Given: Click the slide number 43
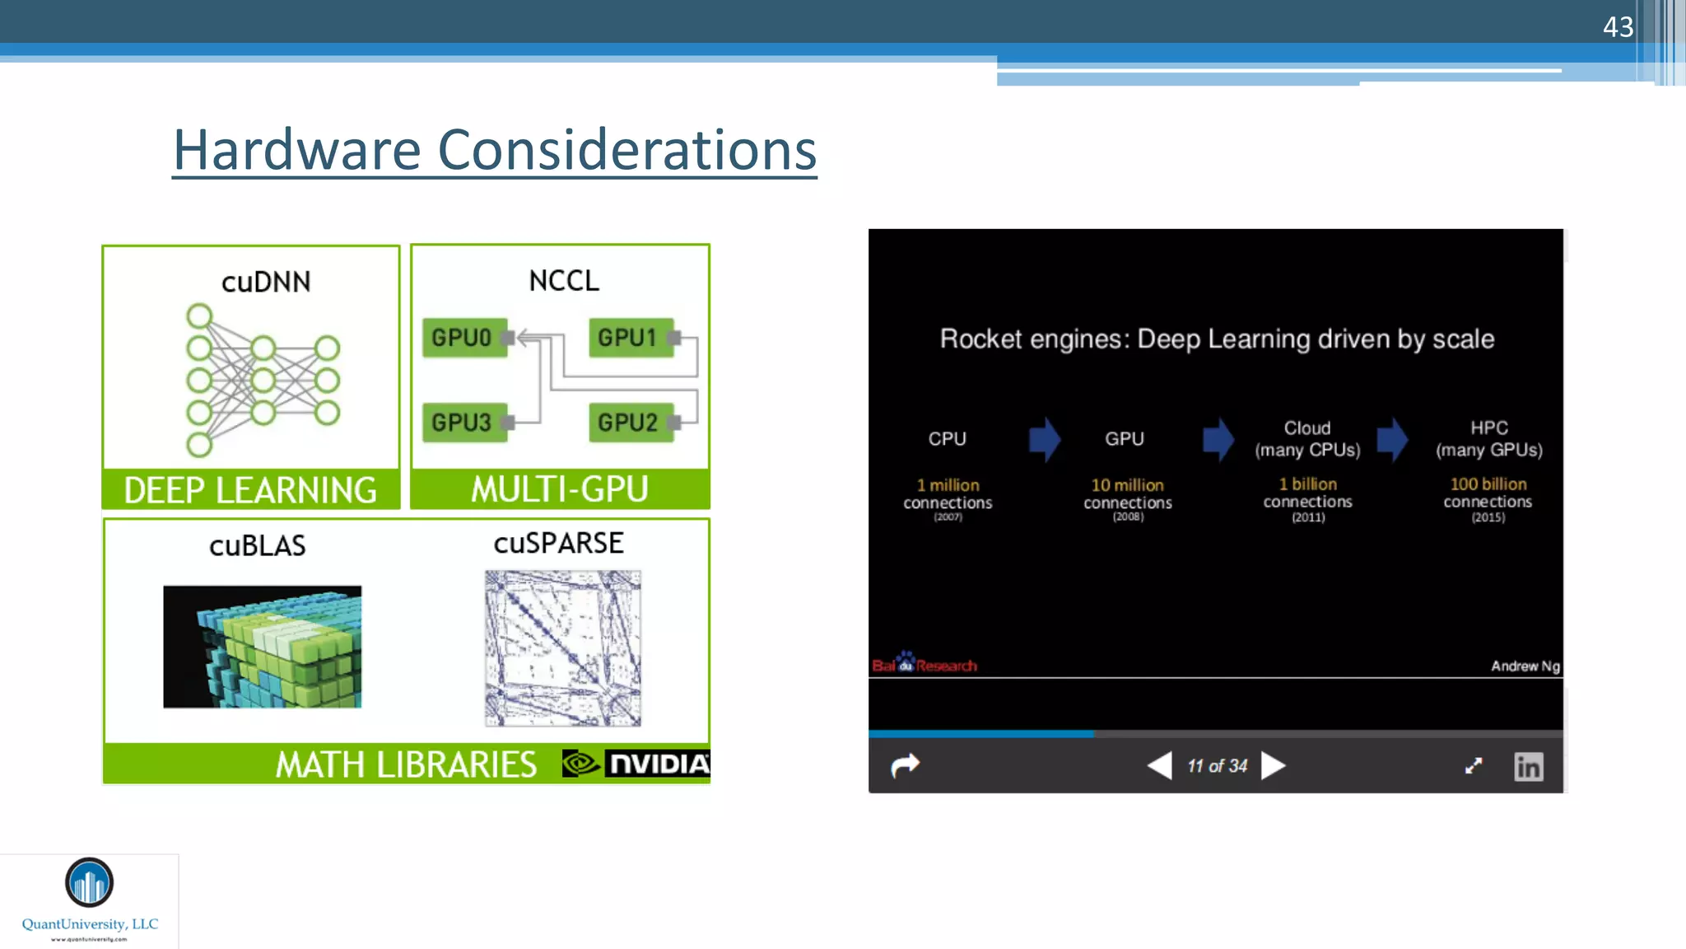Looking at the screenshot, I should [1617, 27].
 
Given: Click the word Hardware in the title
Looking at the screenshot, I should [297, 150].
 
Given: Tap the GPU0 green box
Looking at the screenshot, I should [463, 338].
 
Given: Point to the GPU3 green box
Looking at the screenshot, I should [463, 423].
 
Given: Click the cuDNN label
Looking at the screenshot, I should [266, 282].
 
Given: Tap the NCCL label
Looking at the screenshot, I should [564, 281].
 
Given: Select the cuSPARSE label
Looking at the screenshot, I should [558, 544].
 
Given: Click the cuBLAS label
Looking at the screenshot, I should [257, 545].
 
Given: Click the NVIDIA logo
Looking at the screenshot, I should [636, 764].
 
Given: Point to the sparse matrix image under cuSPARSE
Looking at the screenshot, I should [563, 648].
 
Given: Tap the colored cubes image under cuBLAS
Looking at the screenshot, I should [262, 647].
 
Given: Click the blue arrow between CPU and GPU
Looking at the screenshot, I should [1044, 438].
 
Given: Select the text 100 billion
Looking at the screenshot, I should [1488, 484].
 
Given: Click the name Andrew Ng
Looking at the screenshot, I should [1525, 666].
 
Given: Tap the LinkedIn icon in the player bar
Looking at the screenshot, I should [1528, 767].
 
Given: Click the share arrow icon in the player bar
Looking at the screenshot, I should [905, 766].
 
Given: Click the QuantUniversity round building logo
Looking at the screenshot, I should [89, 882].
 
